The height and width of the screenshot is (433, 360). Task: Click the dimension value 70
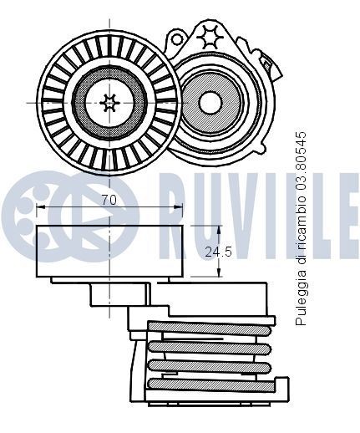coord(107,200)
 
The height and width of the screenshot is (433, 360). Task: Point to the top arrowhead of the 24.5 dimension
coord(218,229)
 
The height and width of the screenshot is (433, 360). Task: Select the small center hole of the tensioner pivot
coord(210,102)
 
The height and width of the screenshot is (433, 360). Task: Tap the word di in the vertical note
coord(302,266)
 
